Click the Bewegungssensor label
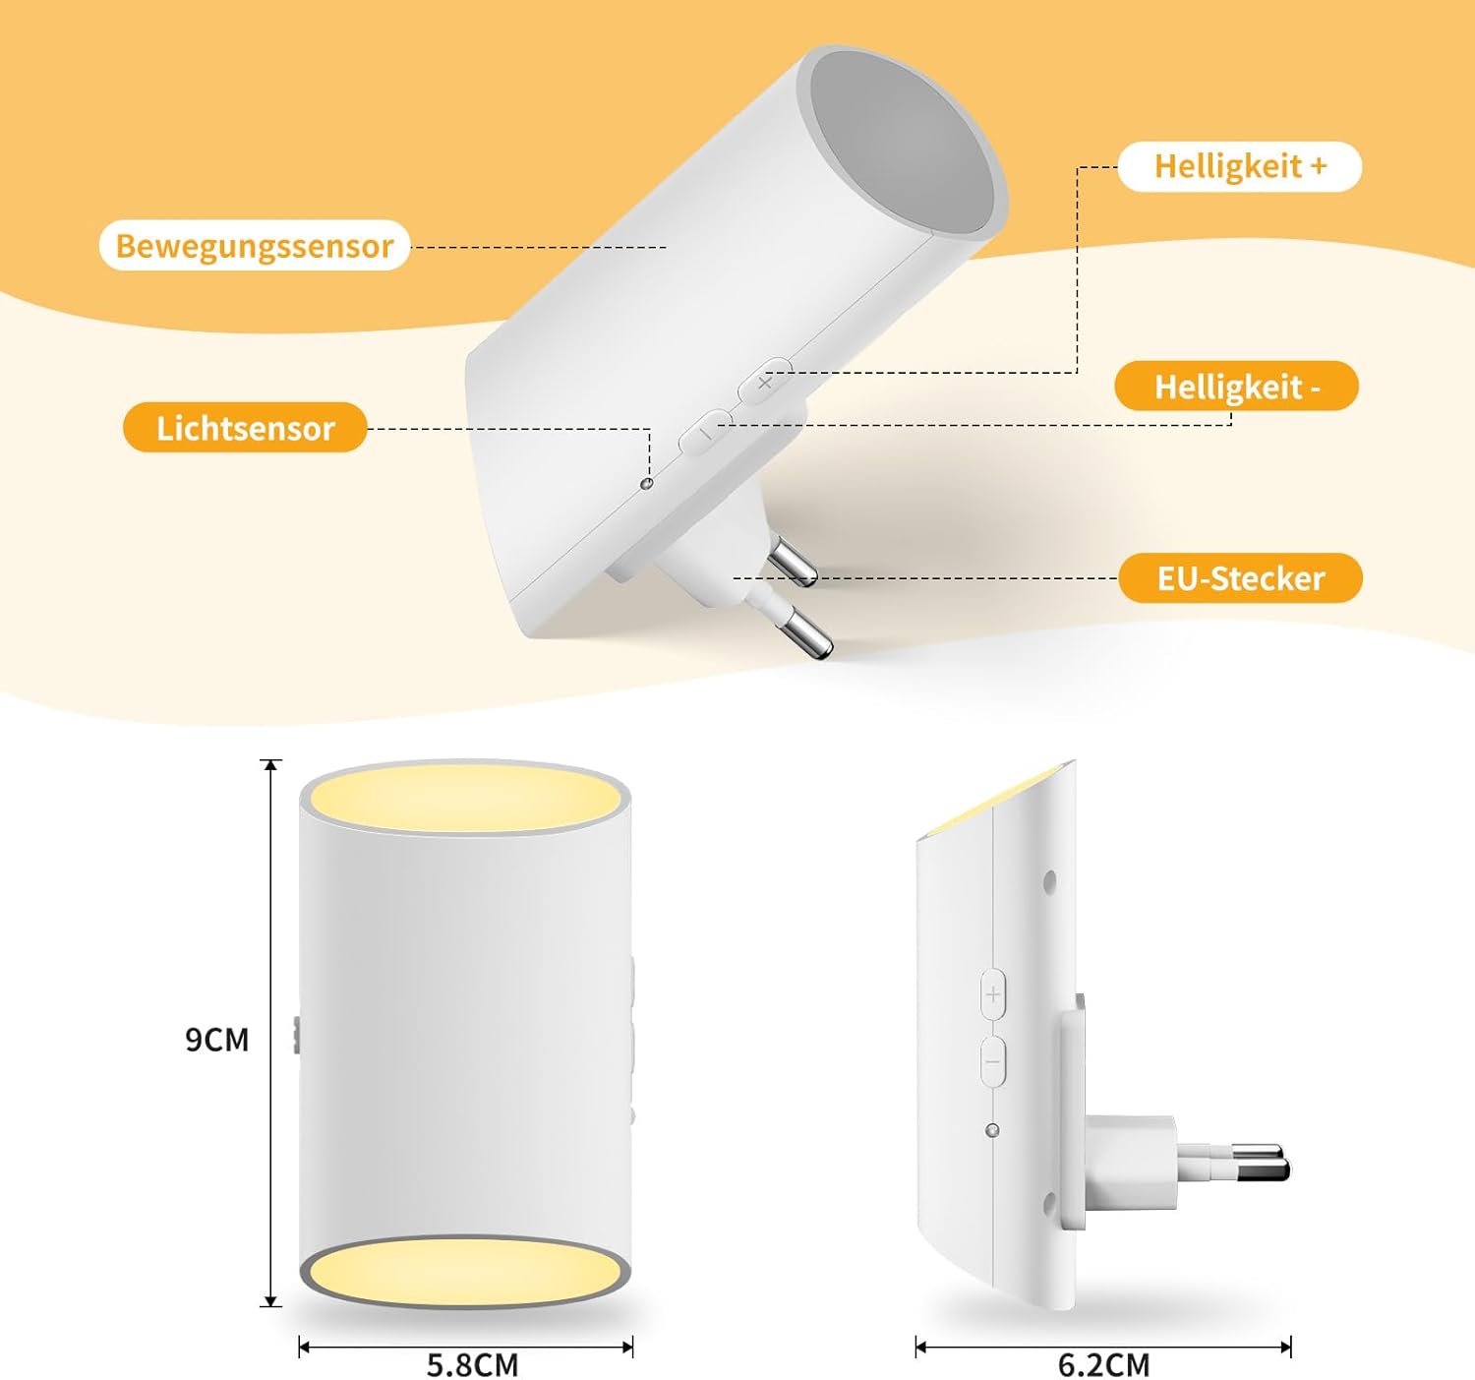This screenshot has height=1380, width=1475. pyautogui.click(x=254, y=246)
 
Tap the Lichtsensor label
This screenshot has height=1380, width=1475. pyautogui.click(x=245, y=428)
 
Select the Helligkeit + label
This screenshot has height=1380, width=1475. pyautogui.click(x=1240, y=166)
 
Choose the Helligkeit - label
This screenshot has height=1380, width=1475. pyautogui.click(x=1237, y=387)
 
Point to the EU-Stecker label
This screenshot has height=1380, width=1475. pyautogui.click(x=1240, y=578)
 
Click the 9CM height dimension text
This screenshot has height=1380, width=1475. pyautogui.click(x=217, y=1040)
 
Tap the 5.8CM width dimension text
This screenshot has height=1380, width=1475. pyautogui.click(x=472, y=1364)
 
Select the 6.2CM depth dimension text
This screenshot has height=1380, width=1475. pyautogui.click(x=1103, y=1364)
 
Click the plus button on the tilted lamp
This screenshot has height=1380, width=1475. pyautogui.click(x=765, y=382)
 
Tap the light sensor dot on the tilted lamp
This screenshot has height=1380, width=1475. pyautogui.click(x=646, y=484)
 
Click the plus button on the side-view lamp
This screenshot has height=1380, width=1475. pyautogui.click(x=993, y=993)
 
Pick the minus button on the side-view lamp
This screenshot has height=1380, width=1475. pyautogui.click(x=993, y=1062)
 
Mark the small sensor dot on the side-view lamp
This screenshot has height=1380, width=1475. pyautogui.click(x=992, y=1130)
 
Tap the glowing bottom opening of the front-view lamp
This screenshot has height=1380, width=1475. pyautogui.click(x=465, y=1272)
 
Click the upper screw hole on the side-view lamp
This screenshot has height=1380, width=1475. pyautogui.click(x=1048, y=883)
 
